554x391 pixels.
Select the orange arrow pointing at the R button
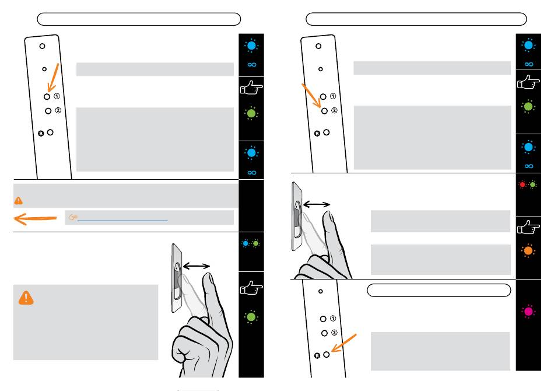tap(346, 344)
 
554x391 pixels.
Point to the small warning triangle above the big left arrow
tap(19, 200)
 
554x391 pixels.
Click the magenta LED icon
tap(528, 311)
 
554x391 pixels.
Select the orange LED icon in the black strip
tap(528, 250)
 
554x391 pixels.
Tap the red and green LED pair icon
tap(528, 185)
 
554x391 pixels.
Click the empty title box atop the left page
tap(139, 19)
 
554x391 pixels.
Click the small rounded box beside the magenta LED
tap(439, 290)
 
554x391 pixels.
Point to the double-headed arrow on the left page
tap(197, 266)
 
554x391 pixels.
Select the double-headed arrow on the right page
tap(316, 204)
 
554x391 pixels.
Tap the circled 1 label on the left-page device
tap(57, 96)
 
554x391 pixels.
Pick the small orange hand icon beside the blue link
tap(73, 218)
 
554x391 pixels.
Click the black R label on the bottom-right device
tap(317, 355)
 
